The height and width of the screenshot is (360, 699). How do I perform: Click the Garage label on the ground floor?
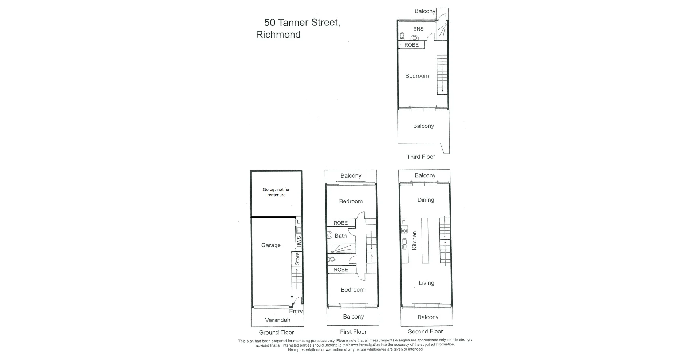pos(271,245)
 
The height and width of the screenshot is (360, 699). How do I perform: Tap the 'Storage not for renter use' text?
pos(276,192)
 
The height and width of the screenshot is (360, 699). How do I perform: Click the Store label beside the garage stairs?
pos(297,258)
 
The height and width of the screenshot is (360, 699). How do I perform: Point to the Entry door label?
pos(296,311)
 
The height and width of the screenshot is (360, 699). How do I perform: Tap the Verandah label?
pos(277,320)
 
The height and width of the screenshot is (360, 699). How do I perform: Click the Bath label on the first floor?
pos(340,236)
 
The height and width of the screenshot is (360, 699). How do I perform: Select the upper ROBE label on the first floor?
pos(340,223)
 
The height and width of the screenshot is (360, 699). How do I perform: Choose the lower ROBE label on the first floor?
pos(341,269)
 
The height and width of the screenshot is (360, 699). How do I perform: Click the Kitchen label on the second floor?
pos(414,240)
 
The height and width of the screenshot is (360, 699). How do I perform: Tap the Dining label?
pos(426,200)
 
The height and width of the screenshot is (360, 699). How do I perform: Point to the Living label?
pos(426,283)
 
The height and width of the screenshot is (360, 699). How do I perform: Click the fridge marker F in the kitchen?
pos(403,222)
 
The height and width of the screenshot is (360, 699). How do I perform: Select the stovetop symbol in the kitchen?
pos(404,231)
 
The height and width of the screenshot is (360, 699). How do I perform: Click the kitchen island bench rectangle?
pos(425,240)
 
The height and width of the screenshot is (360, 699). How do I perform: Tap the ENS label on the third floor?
pos(418,29)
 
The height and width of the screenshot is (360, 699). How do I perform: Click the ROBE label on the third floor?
pos(411,45)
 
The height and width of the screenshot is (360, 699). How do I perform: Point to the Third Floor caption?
pos(421,157)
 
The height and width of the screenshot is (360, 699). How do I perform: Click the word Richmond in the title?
pos(278,35)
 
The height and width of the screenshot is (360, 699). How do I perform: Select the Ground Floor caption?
pos(276,332)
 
